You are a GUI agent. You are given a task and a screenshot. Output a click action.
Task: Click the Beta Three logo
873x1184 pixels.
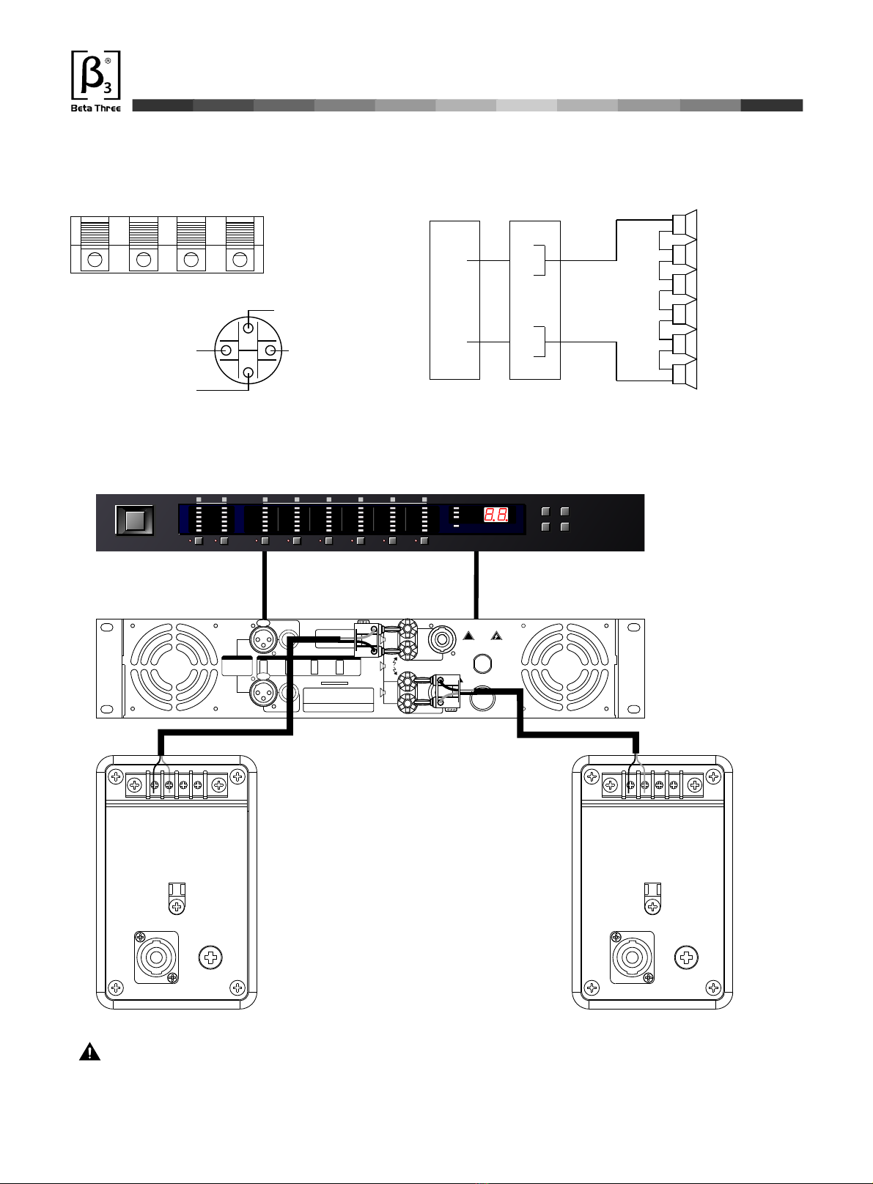click(95, 81)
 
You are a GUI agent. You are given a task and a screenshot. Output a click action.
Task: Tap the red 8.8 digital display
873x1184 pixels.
click(496, 515)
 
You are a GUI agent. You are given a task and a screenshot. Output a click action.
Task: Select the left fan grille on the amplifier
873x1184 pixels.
click(174, 668)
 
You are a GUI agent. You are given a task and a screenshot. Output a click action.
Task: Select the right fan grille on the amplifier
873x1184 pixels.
click(565, 668)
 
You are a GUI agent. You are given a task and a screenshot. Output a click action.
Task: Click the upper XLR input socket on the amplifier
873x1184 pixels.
click(263, 639)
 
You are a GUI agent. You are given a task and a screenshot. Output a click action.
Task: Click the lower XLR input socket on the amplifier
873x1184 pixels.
click(263, 692)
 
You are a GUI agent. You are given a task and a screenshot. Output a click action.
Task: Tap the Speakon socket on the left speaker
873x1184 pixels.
click(156, 957)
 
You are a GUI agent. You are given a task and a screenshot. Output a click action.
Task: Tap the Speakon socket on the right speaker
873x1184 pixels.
click(632, 957)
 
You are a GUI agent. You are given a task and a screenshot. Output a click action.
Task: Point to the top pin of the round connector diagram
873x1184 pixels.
click(248, 328)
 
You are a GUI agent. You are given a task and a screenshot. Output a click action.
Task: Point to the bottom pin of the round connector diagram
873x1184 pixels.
click(248, 372)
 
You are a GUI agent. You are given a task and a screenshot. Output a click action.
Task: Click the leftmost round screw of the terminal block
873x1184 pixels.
click(95, 260)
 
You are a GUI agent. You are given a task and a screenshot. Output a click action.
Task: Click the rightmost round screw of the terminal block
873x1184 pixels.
click(240, 260)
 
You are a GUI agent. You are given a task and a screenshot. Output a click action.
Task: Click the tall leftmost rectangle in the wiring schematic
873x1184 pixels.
click(454, 301)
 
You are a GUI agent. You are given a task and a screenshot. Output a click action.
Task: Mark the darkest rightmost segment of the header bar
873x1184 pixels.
click(772, 105)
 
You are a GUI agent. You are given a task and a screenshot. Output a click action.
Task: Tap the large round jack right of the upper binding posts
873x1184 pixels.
click(442, 639)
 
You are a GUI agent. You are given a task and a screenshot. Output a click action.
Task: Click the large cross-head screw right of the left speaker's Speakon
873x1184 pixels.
click(211, 957)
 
